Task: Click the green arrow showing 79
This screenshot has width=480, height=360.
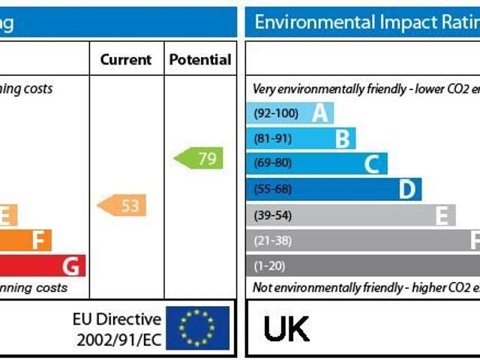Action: (199, 158)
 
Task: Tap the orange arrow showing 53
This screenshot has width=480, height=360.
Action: (122, 205)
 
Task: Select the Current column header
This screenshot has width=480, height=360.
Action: (126, 59)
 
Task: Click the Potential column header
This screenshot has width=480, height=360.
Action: (200, 59)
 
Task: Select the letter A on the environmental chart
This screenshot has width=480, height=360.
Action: (320, 113)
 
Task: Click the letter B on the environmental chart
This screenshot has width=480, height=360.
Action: (343, 139)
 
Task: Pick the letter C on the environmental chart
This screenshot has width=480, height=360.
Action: (372, 164)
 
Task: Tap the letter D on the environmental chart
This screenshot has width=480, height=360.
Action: (406, 189)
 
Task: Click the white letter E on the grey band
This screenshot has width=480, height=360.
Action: (442, 215)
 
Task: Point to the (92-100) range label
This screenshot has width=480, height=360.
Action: (276, 114)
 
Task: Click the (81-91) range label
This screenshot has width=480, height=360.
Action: (274, 139)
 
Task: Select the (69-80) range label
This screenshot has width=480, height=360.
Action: (274, 163)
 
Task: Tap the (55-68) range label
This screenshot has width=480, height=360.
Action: (274, 189)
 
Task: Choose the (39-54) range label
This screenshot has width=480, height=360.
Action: (274, 215)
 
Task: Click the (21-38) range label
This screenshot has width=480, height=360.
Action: (274, 241)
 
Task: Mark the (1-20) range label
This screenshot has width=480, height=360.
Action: (270, 265)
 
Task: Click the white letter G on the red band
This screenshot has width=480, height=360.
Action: (71, 265)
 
